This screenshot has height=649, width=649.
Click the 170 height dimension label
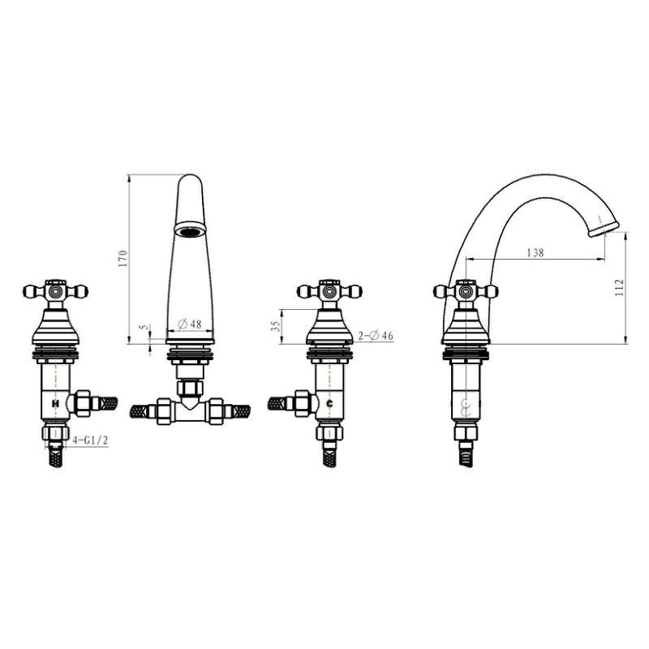pos(124,258)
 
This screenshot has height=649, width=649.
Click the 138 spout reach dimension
pos(535,252)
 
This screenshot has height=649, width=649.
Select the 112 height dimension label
pos(619,287)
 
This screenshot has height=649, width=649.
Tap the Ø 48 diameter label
pos(190,324)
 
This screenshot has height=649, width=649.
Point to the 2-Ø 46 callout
pos(376,335)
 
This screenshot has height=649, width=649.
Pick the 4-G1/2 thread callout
pos(90,441)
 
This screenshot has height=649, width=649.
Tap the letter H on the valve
pos(55,402)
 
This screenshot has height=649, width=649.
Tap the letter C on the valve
pos(330,403)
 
